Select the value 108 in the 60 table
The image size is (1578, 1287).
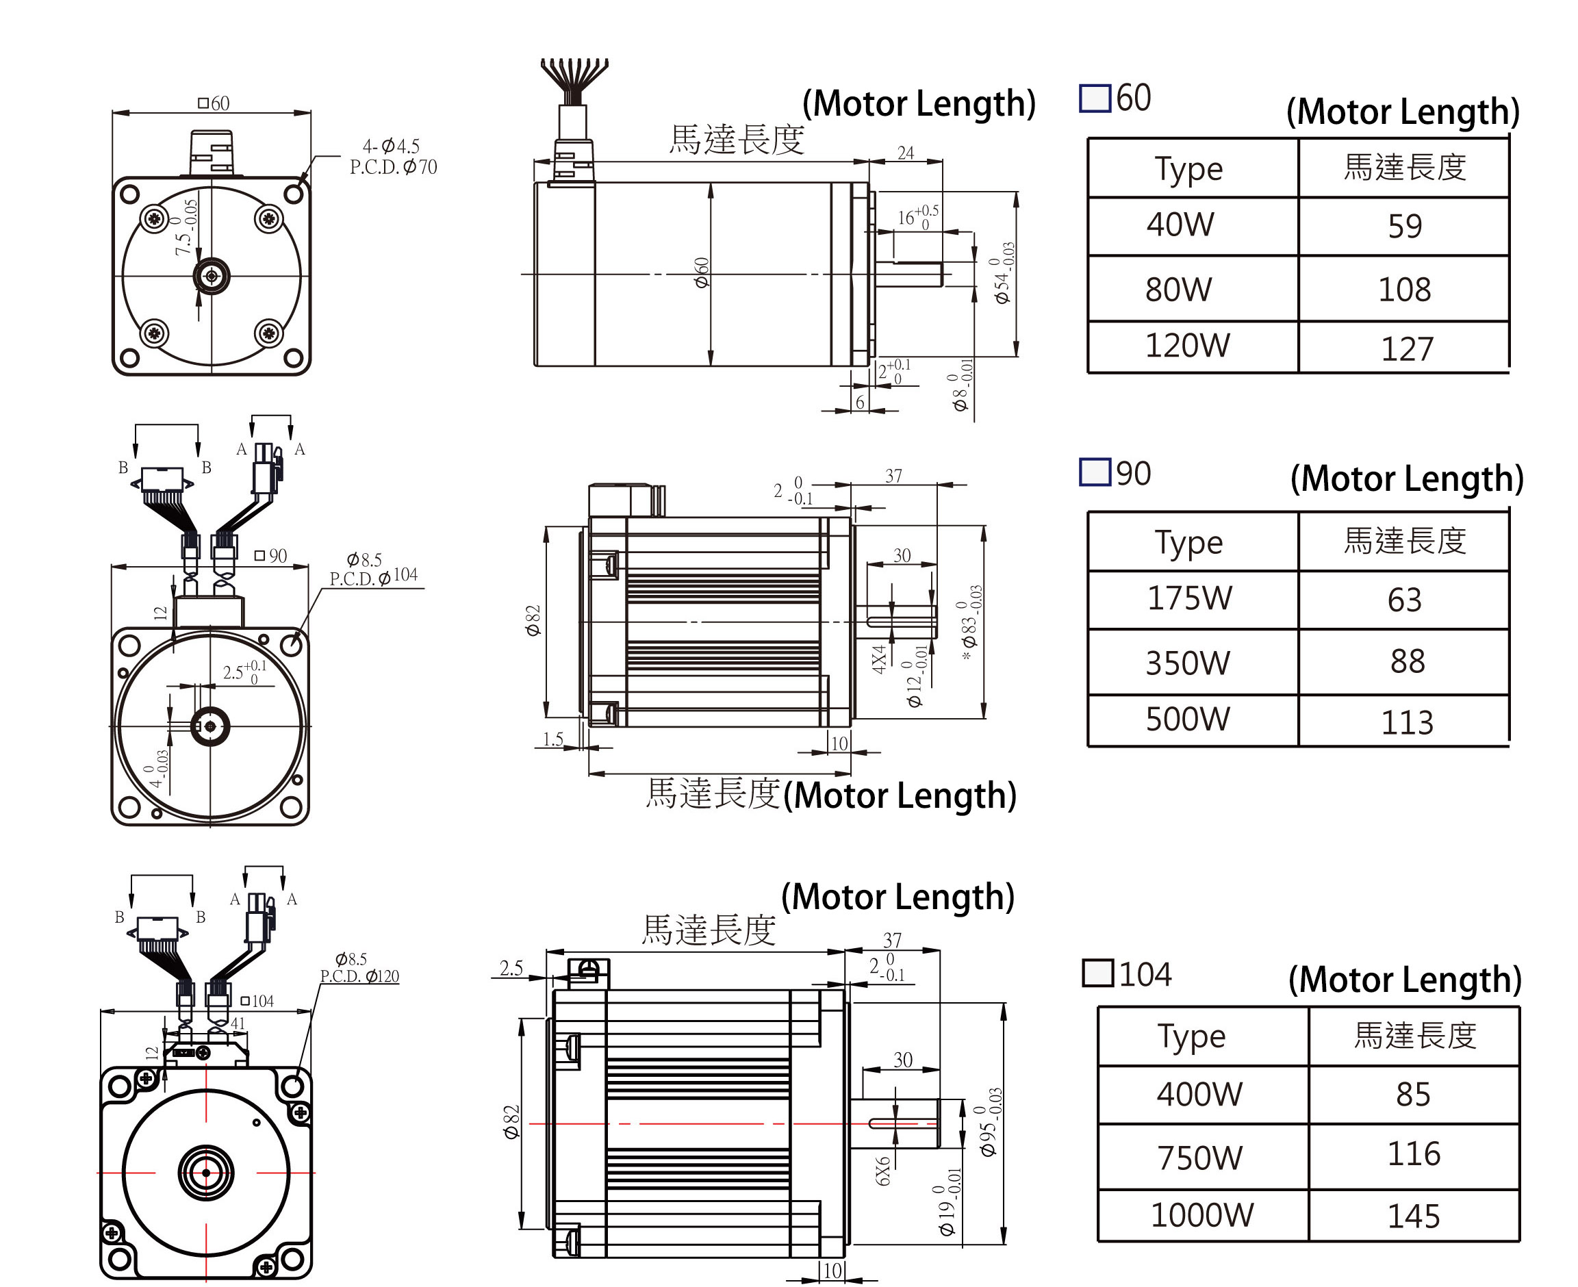pyautogui.click(x=1404, y=289)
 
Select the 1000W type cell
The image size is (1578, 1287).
pyautogui.click(x=1201, y=1215)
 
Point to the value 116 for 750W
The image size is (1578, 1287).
pyautogui.click(x=1414, y=1154)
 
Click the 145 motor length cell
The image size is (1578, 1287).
pyautogui.click(x=1414, y=1216)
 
